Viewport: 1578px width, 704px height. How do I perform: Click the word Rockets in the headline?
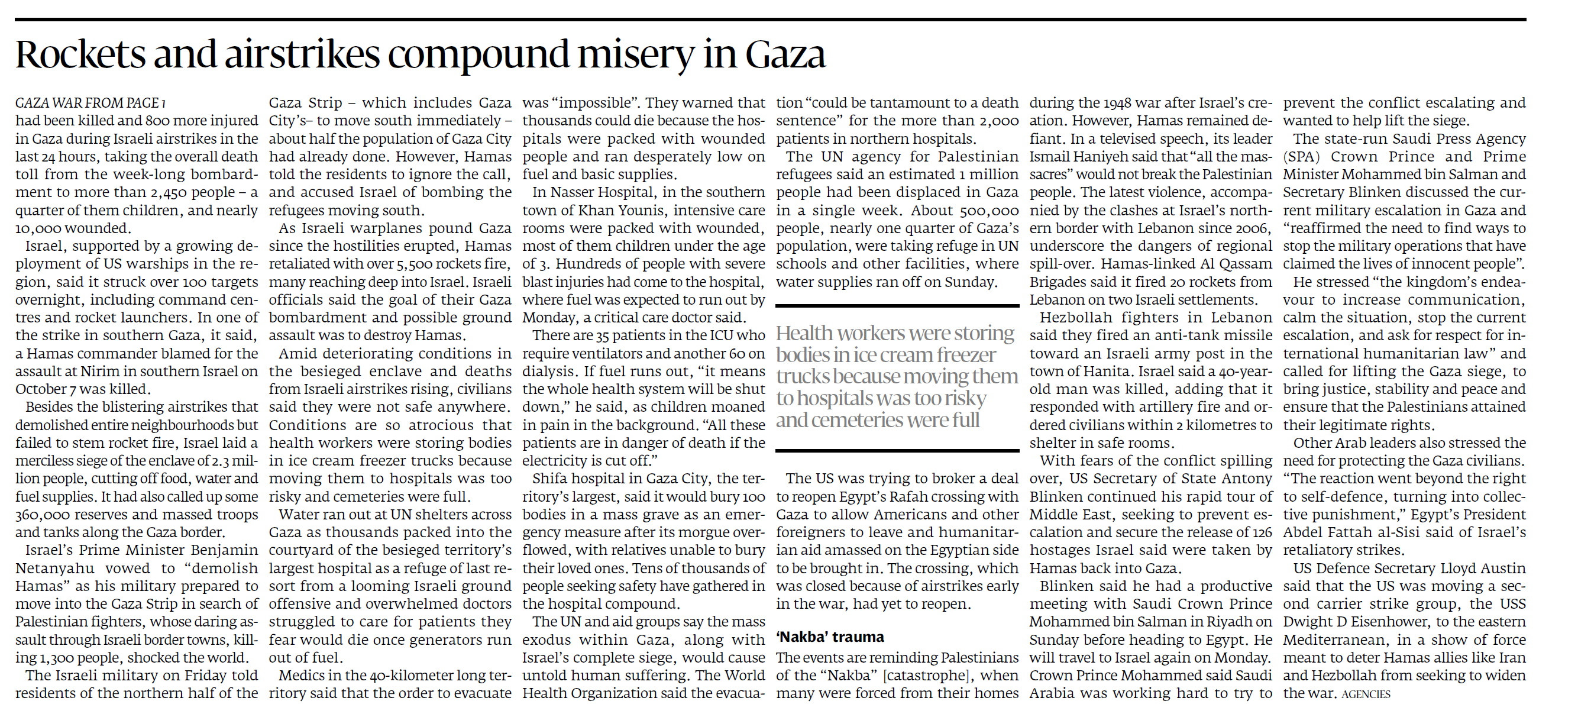tap(80, 54)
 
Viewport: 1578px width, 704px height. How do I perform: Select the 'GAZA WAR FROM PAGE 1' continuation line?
tap(90, 103)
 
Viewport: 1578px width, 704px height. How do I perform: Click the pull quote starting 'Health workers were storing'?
tap(895, 376)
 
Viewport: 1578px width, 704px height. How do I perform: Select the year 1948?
tap(1114, 103)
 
